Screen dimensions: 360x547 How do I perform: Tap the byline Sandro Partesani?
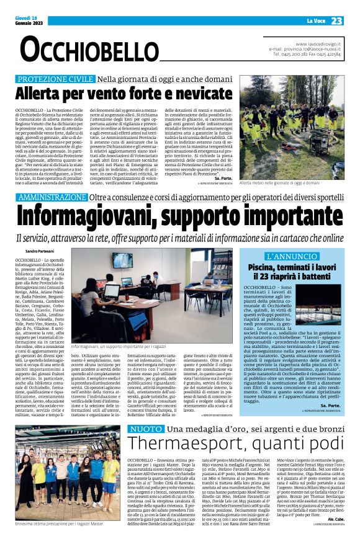[35, 251]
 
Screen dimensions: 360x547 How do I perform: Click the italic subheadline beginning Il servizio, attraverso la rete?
[180, 238]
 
